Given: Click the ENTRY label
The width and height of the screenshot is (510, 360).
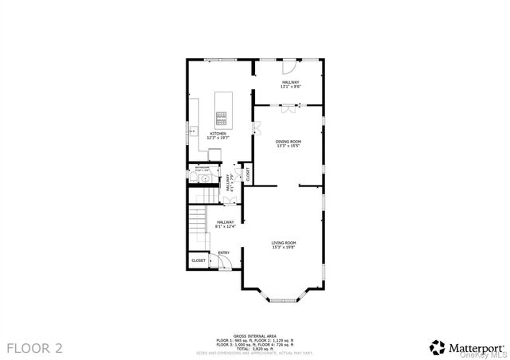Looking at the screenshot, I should tap(223, 252).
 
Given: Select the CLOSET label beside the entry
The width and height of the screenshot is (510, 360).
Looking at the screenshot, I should tap(198, 260).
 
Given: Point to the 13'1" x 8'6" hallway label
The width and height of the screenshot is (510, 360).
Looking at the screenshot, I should tap(289, 84).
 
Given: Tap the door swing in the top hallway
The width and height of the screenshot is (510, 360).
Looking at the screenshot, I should tap(311, 72).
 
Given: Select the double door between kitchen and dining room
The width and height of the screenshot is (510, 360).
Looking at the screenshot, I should tap(256, 127).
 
